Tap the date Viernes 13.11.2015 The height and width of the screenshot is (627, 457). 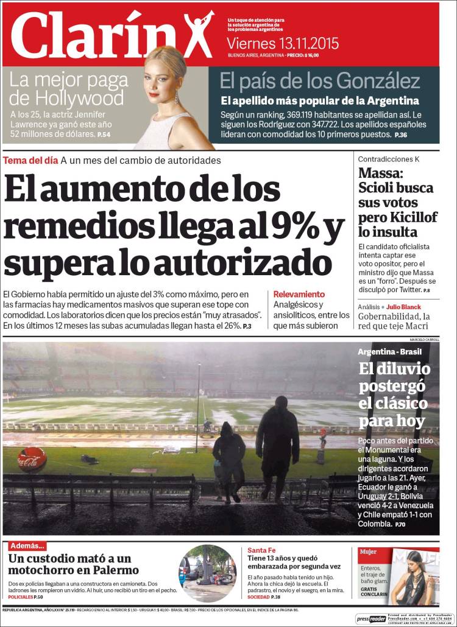(282, 44)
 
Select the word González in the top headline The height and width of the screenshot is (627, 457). (381, 81)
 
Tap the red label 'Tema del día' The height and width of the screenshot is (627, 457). (30, 160)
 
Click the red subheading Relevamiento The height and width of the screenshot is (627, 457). (299, 294)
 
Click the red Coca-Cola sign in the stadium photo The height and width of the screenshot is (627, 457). (32, 460)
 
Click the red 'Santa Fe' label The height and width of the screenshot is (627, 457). (261, 550)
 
